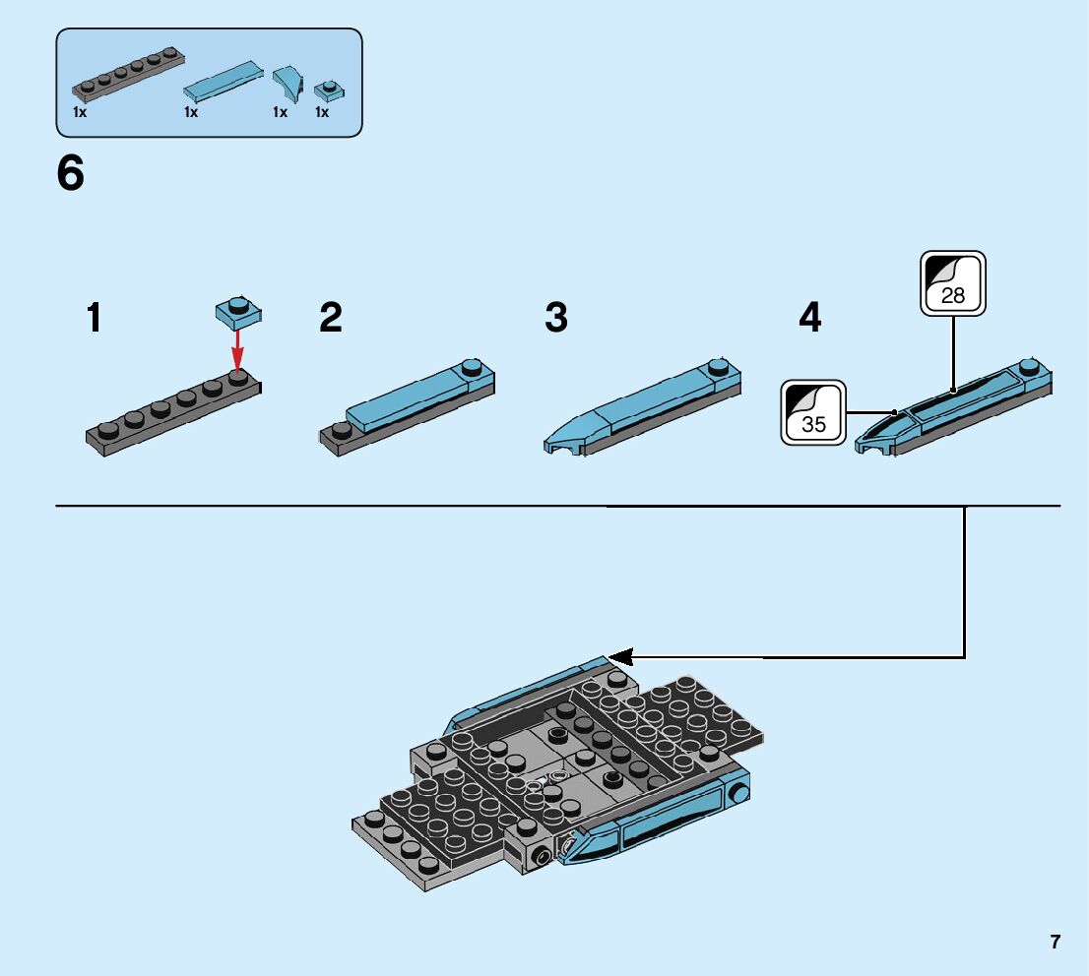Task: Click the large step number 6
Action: coord(71,175)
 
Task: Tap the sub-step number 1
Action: coord(94,318)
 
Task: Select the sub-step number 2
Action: coord(331,318)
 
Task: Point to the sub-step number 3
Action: coord(556,318)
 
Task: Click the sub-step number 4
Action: coord(809,318)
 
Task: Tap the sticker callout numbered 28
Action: coord(952,283)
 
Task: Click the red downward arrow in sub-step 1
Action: coord(237,347)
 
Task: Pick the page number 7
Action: coord(1055,942)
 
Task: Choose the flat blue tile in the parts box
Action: coord(224,82)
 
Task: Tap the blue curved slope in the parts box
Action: coord(288,83)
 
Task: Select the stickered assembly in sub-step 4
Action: coord(955,408)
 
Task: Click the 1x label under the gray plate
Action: coord(80,112)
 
